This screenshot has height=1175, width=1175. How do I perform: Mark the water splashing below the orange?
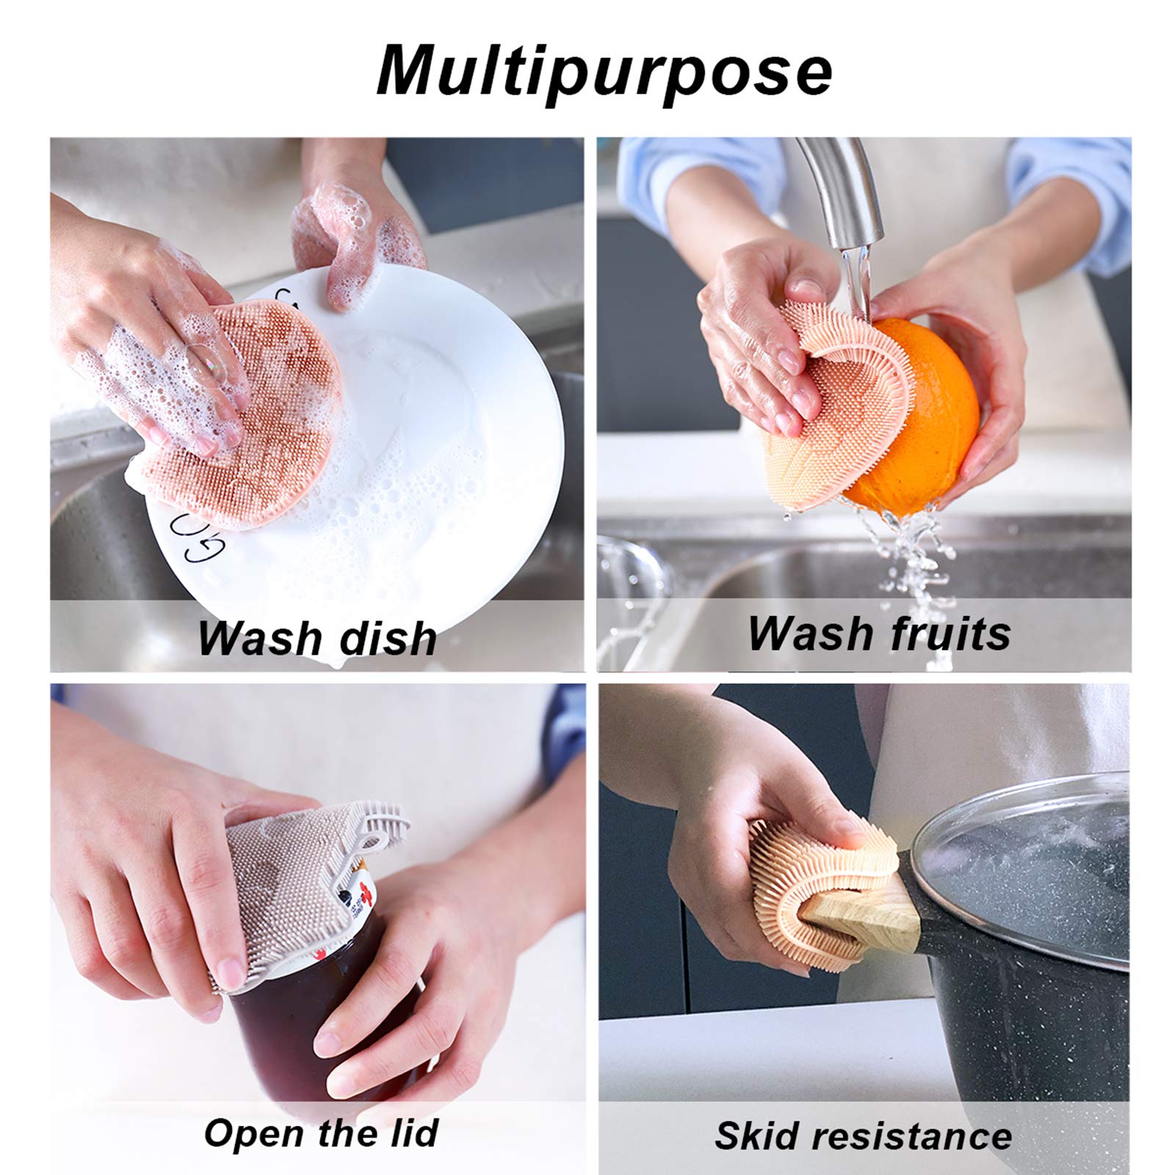(x=911, y=565)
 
